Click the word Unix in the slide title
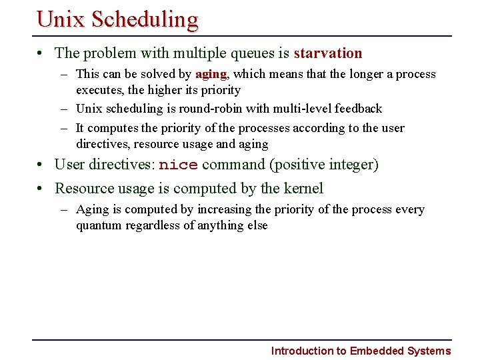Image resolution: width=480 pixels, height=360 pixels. [62, 19]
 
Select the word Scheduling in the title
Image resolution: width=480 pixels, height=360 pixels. [145, 20]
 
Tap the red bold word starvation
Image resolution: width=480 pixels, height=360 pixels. [327, 53]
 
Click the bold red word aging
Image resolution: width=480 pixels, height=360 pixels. [211, 75]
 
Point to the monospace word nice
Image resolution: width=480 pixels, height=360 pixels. [178, 165]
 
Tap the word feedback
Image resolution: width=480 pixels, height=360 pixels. [359, 109]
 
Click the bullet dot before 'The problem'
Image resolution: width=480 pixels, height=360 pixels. [41, 53]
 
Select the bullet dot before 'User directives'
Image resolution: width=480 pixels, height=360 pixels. [41, 165]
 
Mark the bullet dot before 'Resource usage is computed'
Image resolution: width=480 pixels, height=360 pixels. [41, 189]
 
